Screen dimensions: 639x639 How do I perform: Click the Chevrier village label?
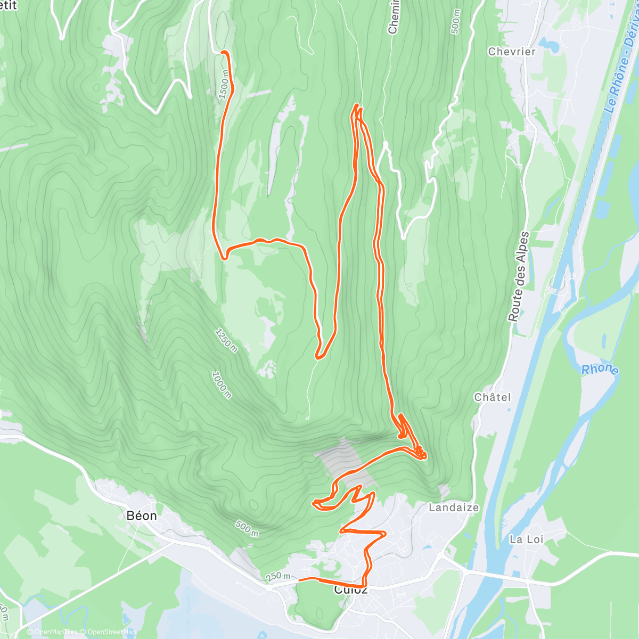coord(511,52)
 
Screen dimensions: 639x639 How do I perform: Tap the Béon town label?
coord(142,515)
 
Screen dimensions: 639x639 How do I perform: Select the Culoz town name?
coord(350,590)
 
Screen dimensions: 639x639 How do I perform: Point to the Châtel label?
coord(492,397)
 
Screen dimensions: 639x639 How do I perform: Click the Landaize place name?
coord(454,507)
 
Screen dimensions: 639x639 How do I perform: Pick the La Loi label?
coord(526,539)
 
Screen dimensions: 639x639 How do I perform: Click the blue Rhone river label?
coord(600,370)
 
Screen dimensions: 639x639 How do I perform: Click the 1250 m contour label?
coord(226,340)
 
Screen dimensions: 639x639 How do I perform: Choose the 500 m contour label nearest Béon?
coord(247,529)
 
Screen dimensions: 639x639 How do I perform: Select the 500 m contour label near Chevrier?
coord(455,22)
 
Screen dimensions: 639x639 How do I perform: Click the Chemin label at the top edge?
coord(393,17)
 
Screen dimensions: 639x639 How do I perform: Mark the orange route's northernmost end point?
coord(223,52)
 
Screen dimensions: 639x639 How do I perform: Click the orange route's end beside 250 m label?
coord(300,579)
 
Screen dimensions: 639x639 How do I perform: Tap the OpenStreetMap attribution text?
coord(110,632)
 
